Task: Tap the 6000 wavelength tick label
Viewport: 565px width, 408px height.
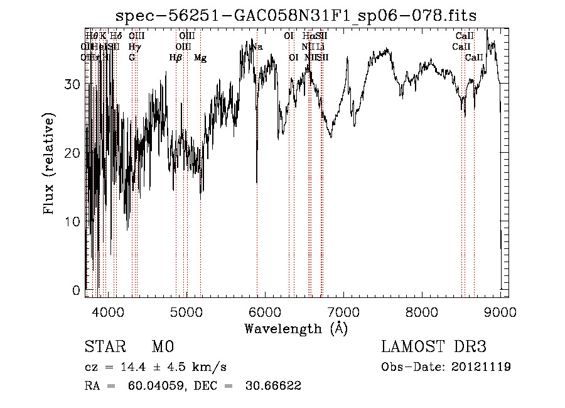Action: (x=264, y=312)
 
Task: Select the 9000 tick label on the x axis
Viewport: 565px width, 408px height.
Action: (x=500, y=312)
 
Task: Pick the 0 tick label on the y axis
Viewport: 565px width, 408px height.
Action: (x=77, y=290)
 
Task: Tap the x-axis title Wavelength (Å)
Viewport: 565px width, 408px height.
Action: (x=296, y=329)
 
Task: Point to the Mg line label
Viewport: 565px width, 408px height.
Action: (x=200, y=58)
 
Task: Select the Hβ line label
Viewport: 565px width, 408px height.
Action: (x=176, y=58)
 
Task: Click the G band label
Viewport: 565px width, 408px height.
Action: (x=132, y=58)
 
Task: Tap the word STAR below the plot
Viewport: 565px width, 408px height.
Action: (x=101, y=347)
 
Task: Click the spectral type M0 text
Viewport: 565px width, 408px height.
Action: (x=162, y=347)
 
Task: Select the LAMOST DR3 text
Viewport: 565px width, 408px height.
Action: (x=434, y=347)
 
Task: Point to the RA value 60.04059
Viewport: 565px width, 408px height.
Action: (x=151, y=386)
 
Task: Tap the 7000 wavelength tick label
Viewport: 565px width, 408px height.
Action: (x=343, y=312)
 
